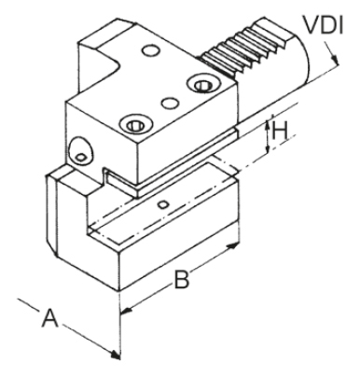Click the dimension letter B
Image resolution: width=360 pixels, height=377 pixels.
pos(183,276)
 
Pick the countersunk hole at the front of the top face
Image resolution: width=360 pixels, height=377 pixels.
pos(134,122)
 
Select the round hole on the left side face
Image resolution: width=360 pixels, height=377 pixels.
pos(80,147)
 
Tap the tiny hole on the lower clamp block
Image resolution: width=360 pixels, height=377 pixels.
pos(162,202)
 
